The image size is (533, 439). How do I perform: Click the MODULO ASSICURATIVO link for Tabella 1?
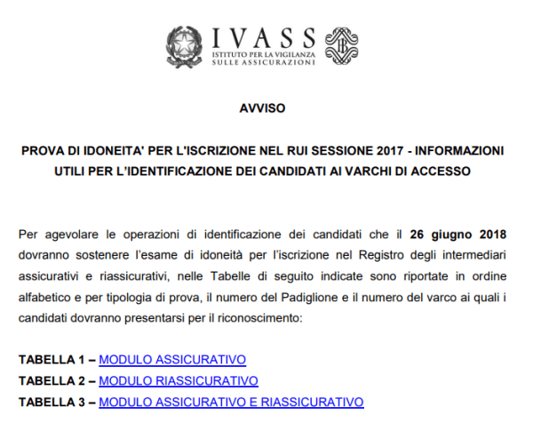tap(172, 360)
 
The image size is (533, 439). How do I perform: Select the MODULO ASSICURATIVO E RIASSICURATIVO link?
tap(231, 402)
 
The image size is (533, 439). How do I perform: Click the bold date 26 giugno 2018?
tap(458, 235)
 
